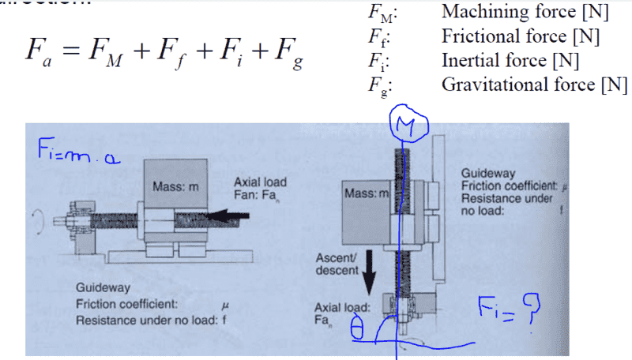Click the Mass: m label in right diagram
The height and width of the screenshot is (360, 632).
(368, 192)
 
